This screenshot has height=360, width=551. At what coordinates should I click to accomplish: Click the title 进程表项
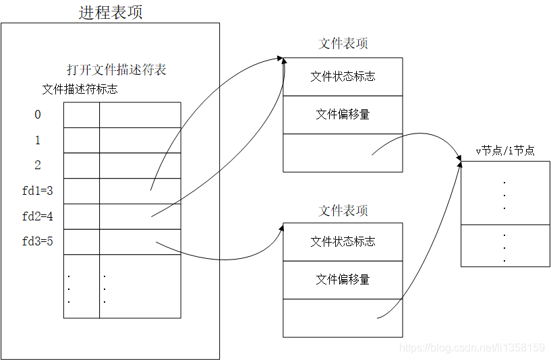click(x=110, y=12)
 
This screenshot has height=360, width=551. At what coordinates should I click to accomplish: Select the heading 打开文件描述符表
click(x=116, y=69)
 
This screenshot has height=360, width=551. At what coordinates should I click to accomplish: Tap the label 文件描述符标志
click(x=80, y=89)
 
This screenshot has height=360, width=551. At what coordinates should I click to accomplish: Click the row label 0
click(x=38, y=115)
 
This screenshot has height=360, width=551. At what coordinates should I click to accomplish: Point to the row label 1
click(x=38, y=140)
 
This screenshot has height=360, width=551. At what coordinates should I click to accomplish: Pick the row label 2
click(x=38, y=165)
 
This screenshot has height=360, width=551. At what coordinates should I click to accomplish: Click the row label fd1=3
click(x=38, y=191)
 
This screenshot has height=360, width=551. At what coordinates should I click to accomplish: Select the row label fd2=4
click(x=38, y=216)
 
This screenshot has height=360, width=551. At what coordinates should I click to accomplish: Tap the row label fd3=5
click(x=38, y=241)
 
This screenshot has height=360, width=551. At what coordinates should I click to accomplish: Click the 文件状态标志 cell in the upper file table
click(x=343, y=76)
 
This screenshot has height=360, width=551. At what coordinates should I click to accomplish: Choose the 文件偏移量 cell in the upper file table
click(x=343, y=115)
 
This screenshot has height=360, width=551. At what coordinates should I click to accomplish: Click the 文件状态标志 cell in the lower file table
click(x=343, y=241)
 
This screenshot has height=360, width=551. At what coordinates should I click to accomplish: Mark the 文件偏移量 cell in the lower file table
click(x=343, y=279)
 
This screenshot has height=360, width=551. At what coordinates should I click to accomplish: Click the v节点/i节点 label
click(x=505, y=151)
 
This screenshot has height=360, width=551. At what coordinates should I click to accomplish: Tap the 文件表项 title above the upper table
click(x=343, y=44)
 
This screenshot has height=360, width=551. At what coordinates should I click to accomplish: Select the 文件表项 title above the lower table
click(x=343, y=210)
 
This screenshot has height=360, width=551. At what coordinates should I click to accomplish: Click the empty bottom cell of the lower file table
click(x=343, y=318)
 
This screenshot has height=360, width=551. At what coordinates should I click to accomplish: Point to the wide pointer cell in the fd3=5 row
click(x=140, y=241)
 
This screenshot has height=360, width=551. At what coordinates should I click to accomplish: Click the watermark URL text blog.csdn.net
click(x=472, y=348)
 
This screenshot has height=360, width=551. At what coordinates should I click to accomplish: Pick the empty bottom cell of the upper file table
click(x=343, y=152)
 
